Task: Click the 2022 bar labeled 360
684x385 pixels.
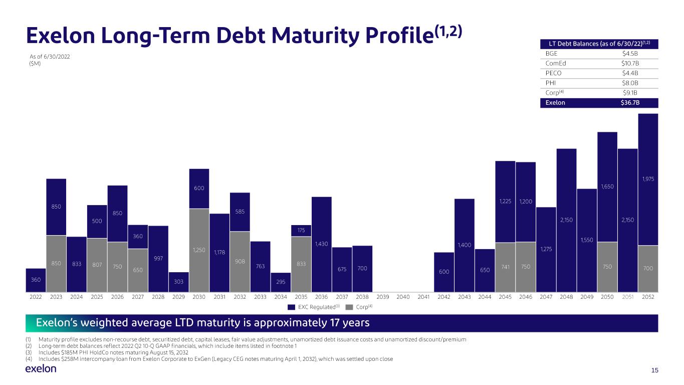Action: pos(36,280)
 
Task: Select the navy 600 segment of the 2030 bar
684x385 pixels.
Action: pos(199,188)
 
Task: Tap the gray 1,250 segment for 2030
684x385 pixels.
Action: pos(199,250)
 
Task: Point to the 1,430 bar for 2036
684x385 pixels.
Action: pos(322,245)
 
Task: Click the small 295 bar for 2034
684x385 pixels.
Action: pos(281,282)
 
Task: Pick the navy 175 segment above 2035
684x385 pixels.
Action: pos(301,231)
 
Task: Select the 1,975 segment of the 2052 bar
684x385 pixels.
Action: pos(648,179)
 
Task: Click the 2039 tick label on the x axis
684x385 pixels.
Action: pos(383,297)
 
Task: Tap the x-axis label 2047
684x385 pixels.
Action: pos(546,297)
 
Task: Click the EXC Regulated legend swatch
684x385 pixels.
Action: pos(291,307)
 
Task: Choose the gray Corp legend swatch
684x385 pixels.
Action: pos(349,307)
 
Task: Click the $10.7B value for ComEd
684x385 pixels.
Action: pos(630,63)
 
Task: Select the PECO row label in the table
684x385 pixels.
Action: pos(553,73)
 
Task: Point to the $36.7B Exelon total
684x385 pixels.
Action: pos(630,103)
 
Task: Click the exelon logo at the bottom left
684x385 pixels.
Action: pos(41,369)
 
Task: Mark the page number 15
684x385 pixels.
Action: pos(654,370)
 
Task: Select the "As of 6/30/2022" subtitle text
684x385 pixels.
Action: pos(50,57)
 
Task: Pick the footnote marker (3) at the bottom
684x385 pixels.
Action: pos(29,352)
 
